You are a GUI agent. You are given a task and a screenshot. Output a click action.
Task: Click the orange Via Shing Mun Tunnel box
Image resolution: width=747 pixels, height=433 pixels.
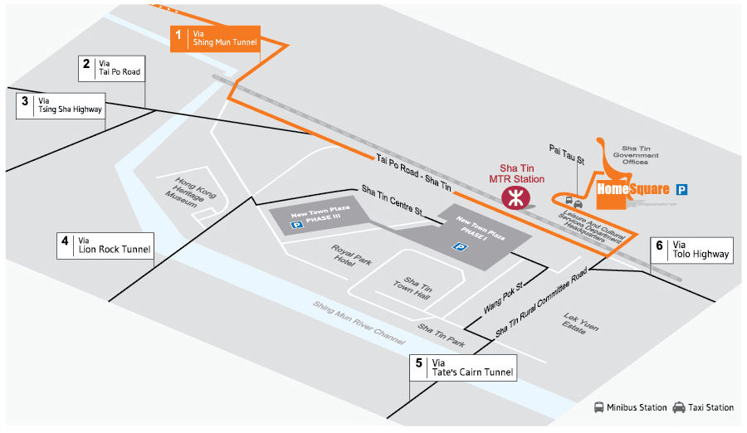[x=215, y=39]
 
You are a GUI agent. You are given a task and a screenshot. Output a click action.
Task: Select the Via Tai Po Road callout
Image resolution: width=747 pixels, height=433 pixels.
[x=111, y=68]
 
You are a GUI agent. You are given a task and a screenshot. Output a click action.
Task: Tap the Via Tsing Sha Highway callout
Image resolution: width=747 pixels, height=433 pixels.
[x=61, y=105]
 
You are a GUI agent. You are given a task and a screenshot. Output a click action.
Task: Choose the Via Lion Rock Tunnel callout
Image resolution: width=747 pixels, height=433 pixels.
[x=105, y=246]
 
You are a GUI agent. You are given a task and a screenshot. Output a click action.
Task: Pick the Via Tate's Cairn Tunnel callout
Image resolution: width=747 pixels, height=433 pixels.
[x=463, y=367]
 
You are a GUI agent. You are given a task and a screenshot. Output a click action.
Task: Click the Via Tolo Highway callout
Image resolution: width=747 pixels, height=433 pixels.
[x=691, y=251]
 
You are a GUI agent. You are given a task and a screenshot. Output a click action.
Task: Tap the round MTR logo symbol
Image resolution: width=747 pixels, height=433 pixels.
[x=515, y=197]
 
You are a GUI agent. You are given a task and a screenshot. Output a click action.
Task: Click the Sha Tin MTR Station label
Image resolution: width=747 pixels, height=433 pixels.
[x=516, y=173]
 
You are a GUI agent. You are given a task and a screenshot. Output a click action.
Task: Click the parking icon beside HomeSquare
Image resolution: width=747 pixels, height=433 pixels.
[x=681, y=190]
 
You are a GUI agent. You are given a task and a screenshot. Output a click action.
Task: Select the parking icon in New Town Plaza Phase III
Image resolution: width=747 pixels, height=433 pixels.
[x=297, y=224]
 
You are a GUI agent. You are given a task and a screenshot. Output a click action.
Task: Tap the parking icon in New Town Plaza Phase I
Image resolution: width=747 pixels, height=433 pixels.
[x=460, y=246]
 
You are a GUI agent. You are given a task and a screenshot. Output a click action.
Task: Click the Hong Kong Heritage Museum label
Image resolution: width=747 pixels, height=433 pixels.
[x=191, y=192]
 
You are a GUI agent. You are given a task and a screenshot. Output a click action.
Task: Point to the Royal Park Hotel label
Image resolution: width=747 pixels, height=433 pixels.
[x=352, y=255]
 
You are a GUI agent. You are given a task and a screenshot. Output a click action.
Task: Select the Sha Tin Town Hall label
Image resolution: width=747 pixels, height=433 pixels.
[x=413, y=288]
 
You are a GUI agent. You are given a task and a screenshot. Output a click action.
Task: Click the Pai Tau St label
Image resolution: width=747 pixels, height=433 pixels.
[x=567, y=155]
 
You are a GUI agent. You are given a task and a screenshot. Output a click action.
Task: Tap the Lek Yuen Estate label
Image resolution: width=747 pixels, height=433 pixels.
[x=580, y=324]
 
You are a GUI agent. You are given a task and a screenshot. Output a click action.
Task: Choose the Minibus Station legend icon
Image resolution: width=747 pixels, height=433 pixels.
[x=598, y=407]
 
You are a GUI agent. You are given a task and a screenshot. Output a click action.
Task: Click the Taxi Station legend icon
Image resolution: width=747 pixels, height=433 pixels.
[x=679, y=407]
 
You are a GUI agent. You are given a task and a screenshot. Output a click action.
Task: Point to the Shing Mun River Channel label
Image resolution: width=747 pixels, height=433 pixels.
[x=359, y=323]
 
